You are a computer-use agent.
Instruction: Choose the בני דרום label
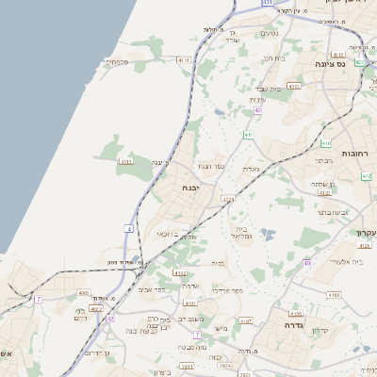(80, 315)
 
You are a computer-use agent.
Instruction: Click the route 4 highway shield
(128, 229)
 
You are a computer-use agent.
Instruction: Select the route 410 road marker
(326, 144)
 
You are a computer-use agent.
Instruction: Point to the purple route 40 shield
(307, 264)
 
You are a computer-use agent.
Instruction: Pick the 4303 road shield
(294, 86)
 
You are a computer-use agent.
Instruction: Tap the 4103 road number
(334, 295)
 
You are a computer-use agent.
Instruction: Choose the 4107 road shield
(246, 321)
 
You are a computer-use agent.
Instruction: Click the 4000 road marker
(83, 294)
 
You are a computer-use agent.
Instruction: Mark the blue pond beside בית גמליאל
(268, 232)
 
